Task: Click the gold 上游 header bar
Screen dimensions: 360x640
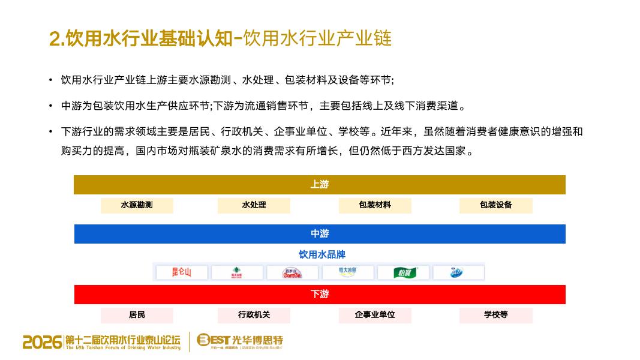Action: (x=320, y=185)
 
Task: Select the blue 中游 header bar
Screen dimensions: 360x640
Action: (x=320, y=234)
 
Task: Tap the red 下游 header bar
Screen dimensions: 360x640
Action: (x=320, y=295)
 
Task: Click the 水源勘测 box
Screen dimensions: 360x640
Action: (x=137, y=205)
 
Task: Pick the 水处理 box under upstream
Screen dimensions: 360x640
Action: (x=254, y=205)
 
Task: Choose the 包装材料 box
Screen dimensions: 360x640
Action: (x=375, y=205)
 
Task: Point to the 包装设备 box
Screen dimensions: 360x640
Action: (x=496, y=205)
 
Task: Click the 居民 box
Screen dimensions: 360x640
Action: (x=137, y=315)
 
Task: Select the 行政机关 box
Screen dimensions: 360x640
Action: (x=254, y=315)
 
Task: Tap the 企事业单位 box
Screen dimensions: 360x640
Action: (x=375, y=315)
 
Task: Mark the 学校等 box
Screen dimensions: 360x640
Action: (x=496, y=315)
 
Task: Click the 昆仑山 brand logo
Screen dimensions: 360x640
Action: (x=182, y=273)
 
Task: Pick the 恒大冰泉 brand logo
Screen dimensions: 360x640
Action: (x=347, y=273)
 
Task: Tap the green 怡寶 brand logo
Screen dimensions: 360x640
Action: (x=403, y=273)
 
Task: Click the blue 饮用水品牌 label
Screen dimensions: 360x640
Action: (x=322, y=254)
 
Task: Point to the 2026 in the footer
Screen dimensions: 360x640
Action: (x=42, y=342)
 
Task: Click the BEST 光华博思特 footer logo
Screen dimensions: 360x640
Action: (x=240, y=341)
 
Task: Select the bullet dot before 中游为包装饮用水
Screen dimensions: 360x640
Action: (x=51, y=106)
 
